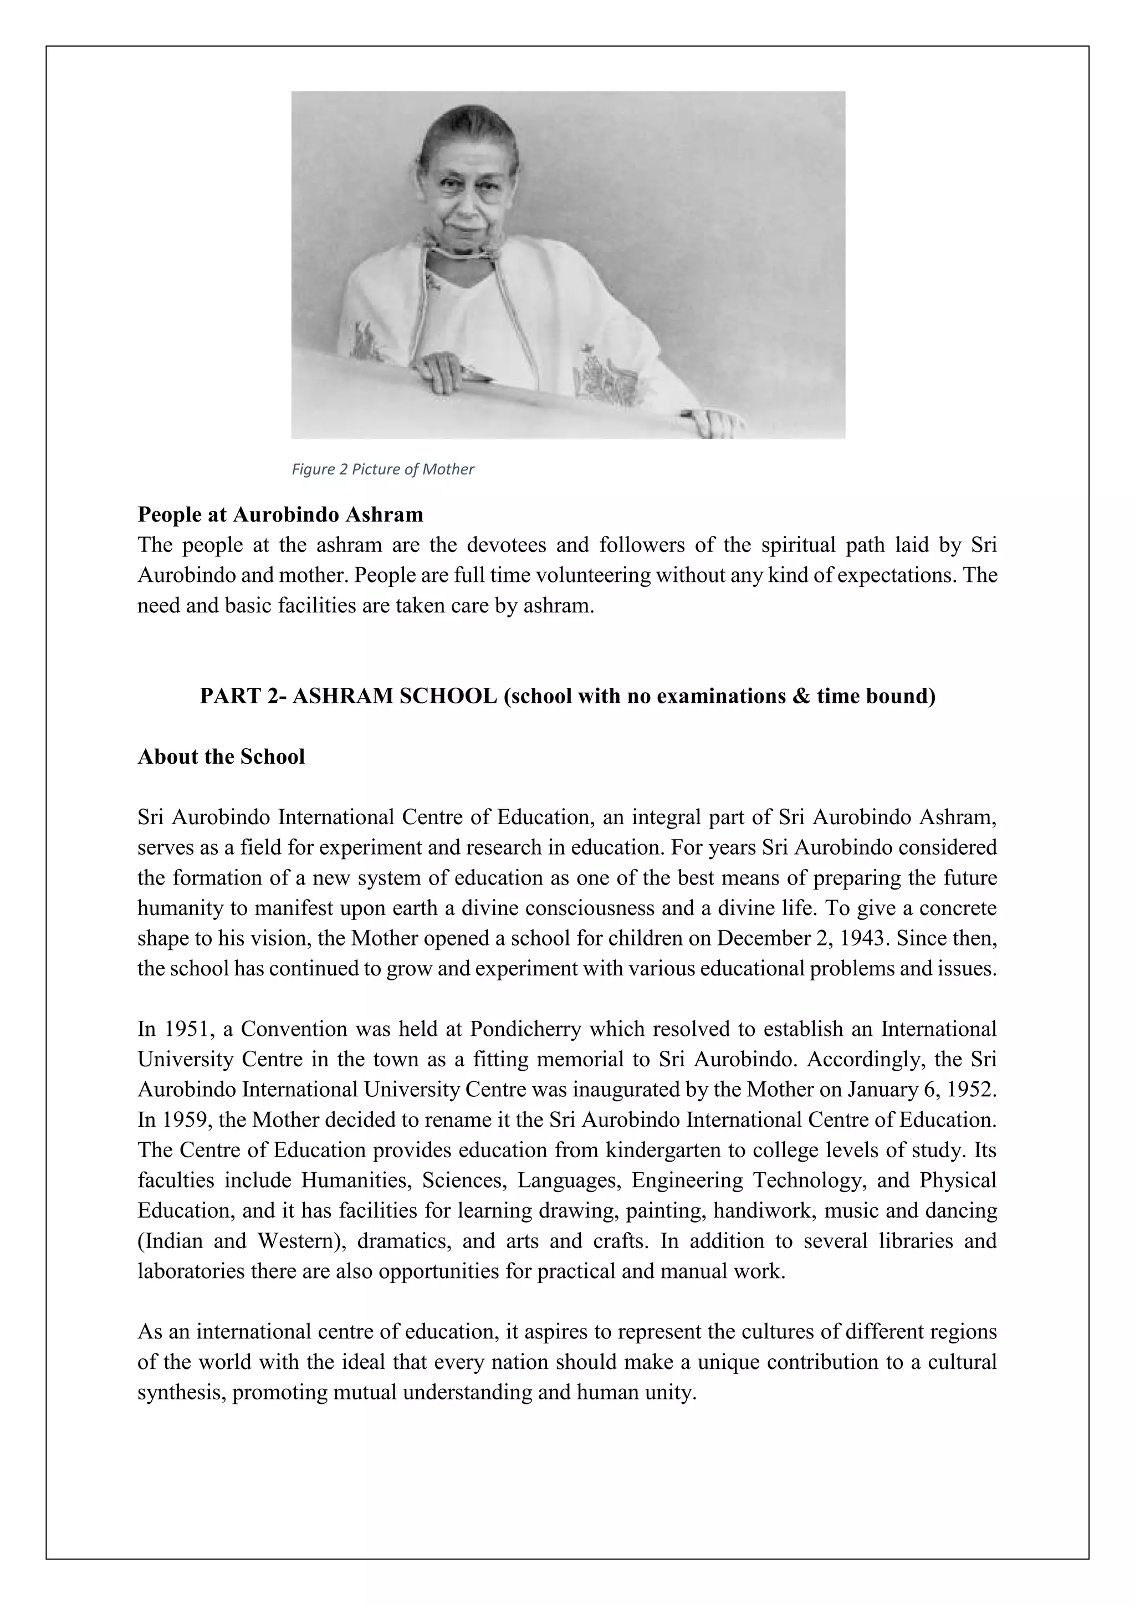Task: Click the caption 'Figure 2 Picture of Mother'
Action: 382,469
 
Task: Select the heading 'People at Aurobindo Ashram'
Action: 280,514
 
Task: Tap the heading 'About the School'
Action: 221,757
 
